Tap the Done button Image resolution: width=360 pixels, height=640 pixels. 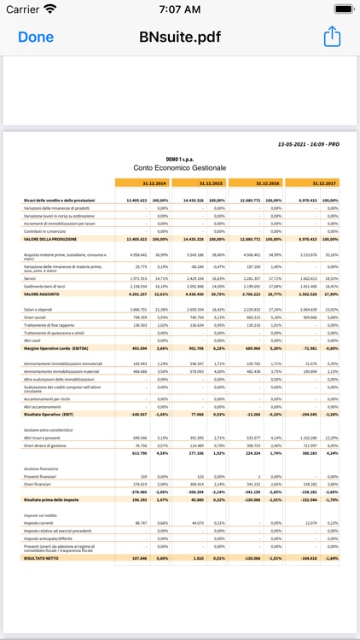coord(36,37)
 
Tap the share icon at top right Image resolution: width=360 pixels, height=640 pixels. coord(332,37)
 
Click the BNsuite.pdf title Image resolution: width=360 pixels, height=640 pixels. coord(179,37)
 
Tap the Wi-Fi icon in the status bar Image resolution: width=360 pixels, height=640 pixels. coord(50,9)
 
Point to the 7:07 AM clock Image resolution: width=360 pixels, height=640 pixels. coord(180,9)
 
